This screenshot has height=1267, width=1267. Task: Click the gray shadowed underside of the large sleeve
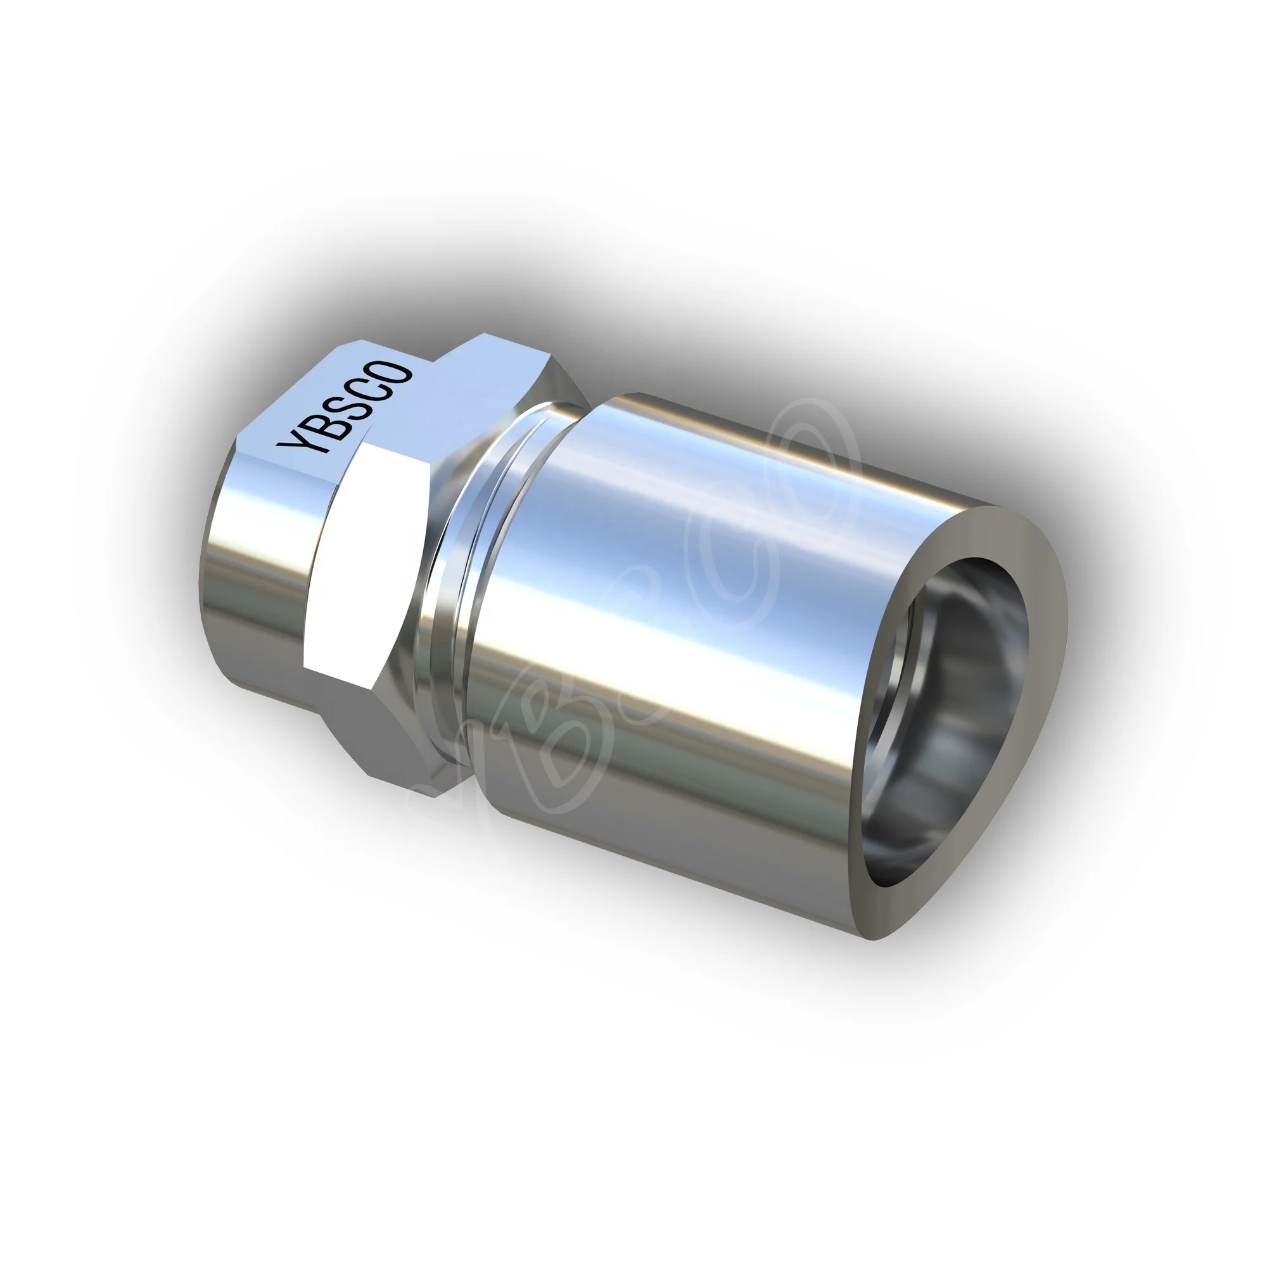coord(656,820)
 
